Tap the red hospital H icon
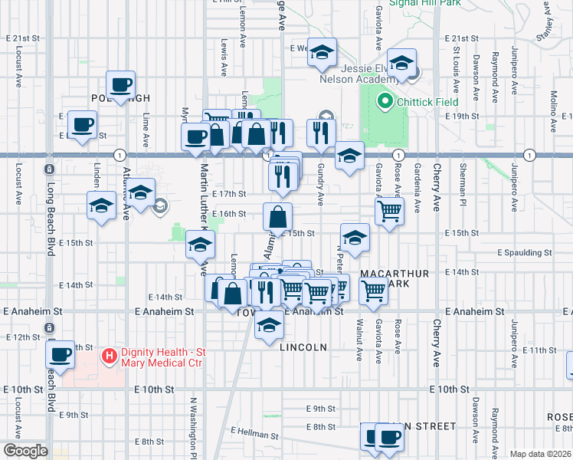pyautogui.click(x=110, y=356)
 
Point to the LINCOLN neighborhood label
pyautogui.click(x=303, y=347)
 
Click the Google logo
pyautogui.click(x=25, y=451)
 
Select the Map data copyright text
pyautogui.click(x=540, y=454)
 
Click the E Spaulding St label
pyautogui.click(x=524, y=252)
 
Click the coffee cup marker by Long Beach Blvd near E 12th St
pyautogui.click(x=61, y=353)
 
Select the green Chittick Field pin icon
pyautogui.click(x=384, y=101)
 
